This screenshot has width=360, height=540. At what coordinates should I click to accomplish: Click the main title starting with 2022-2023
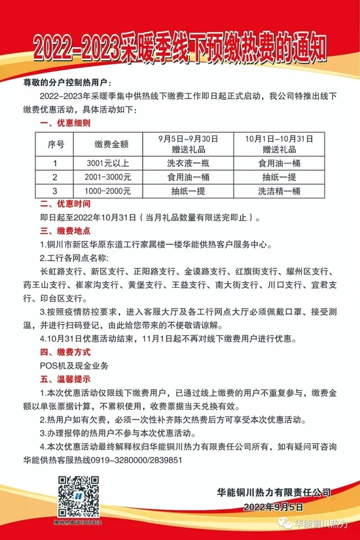pyautogui.click(x=180, y=47)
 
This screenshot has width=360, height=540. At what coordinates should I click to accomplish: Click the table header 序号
pyautogui.click(x=56, y=143)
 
